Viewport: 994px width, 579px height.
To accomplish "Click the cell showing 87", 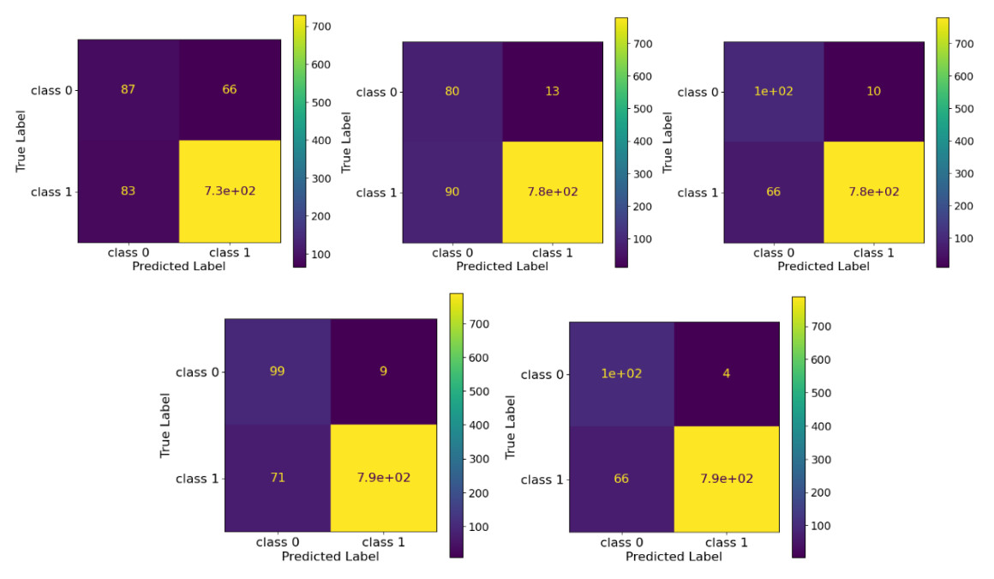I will tap(129, 89).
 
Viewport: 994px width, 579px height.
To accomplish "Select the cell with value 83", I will tap(129, 190).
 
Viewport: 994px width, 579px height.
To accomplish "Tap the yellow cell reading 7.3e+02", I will tap(230, 190).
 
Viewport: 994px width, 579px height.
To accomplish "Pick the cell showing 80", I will tap(452, 92).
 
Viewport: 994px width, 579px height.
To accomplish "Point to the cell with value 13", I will tap(553, 92).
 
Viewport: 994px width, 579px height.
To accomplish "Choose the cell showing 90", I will tap(452, 191).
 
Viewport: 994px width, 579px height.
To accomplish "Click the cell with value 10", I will tap(874, 92).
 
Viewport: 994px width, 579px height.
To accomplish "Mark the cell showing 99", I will tap(278, 371).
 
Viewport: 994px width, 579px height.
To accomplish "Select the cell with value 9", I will tap(383, 371).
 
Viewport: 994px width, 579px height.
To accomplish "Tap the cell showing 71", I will tap(278, 477).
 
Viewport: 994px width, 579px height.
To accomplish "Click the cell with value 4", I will tap(727, 374).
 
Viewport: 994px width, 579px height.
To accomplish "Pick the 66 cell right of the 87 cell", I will tap(230, 89).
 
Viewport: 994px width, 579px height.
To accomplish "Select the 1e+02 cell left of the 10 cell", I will tap(774, 92).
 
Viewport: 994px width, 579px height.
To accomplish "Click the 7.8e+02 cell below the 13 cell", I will tap(553, 191).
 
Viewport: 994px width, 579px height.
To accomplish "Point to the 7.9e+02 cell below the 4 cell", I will tap(727, 479).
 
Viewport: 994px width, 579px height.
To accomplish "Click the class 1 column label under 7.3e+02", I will tap(230, 254).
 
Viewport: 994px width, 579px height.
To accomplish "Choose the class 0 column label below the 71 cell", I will tap(278, 542).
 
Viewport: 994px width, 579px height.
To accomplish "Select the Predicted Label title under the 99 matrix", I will tap(330, 556).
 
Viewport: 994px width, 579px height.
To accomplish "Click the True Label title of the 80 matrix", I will tap(347, 142).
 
